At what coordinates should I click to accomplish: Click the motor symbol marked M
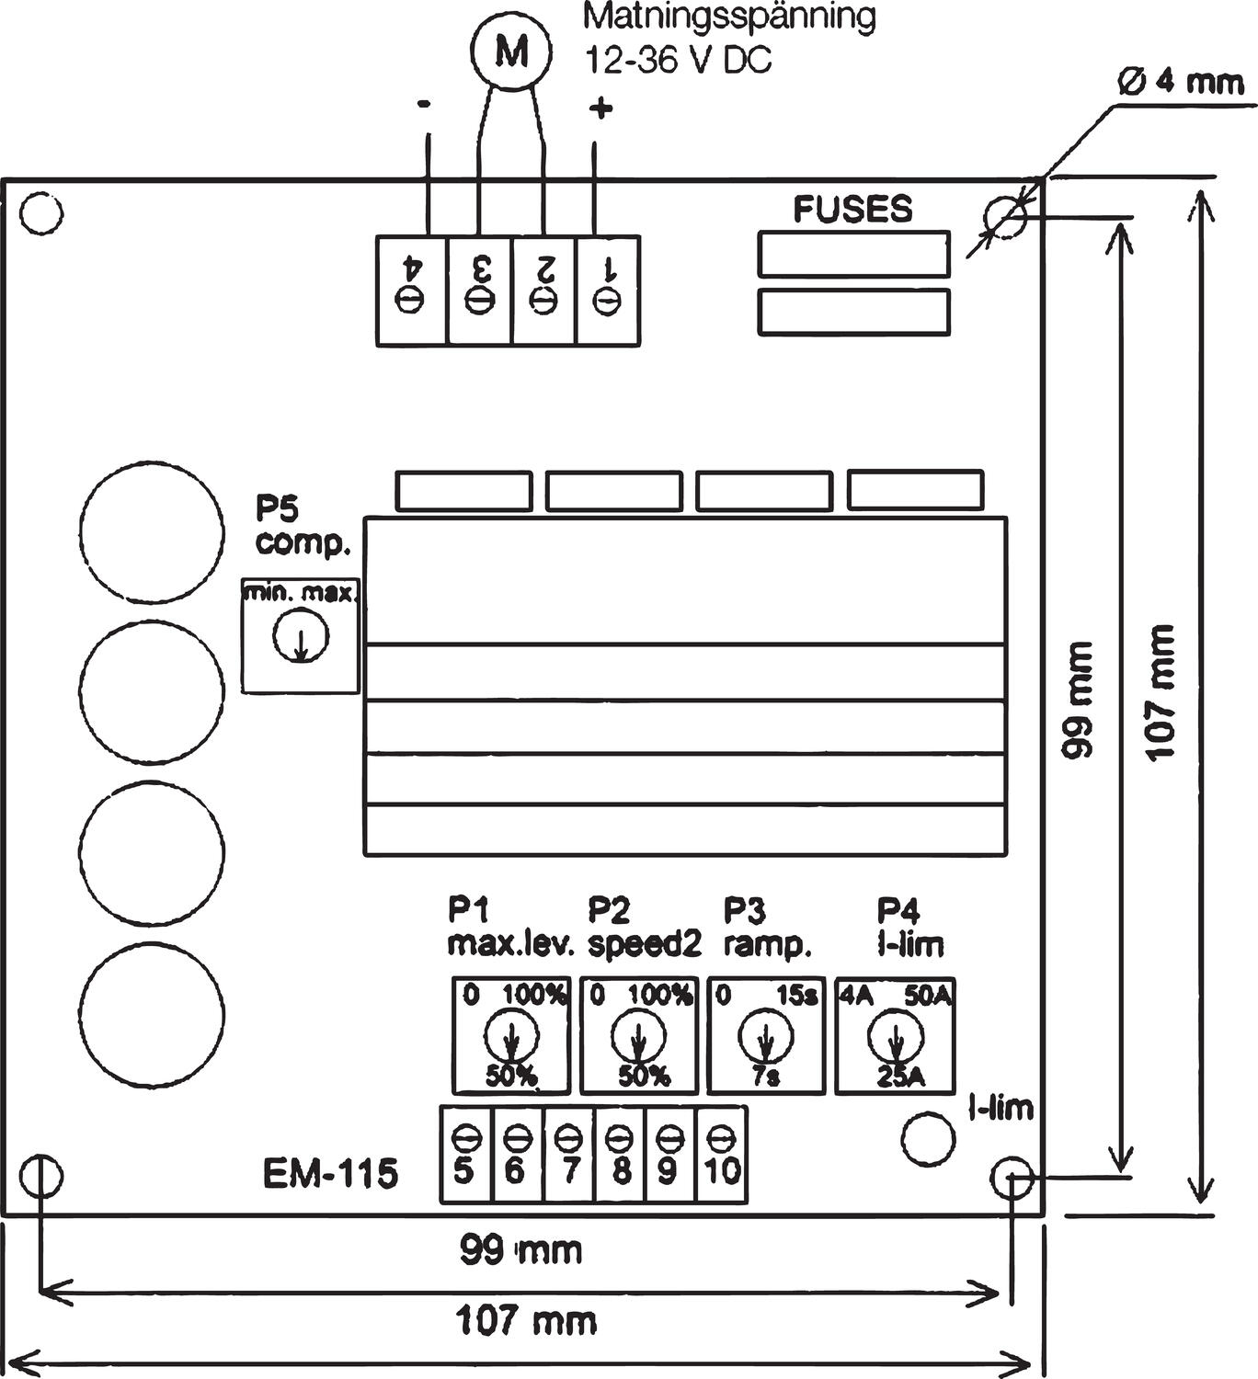click(511, 52)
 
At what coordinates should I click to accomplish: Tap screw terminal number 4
click(412, 289)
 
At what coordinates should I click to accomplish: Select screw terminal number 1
click(607, 289)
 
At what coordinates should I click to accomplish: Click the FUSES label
click(853, 210)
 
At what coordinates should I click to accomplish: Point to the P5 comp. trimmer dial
click(300, 635)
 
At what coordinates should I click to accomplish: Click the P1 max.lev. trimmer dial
click(511, 1036)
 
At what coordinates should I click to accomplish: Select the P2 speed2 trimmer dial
click(637, 1036)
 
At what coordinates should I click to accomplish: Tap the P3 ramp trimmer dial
click(764, 1036)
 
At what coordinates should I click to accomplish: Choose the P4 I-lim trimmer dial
click(894, 1036)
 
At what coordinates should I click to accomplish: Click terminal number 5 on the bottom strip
click(465, 1155)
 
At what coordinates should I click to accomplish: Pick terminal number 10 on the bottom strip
click(722, 1155)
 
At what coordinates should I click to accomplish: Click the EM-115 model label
click(330, 1174)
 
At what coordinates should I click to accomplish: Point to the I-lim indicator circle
click(928, 1138)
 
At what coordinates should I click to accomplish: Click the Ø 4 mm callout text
click(1180, 83)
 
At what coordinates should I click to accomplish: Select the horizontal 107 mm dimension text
click(526, 1322)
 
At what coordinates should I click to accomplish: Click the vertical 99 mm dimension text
click(1077, 699)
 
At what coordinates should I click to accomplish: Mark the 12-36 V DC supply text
click(679, 60)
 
